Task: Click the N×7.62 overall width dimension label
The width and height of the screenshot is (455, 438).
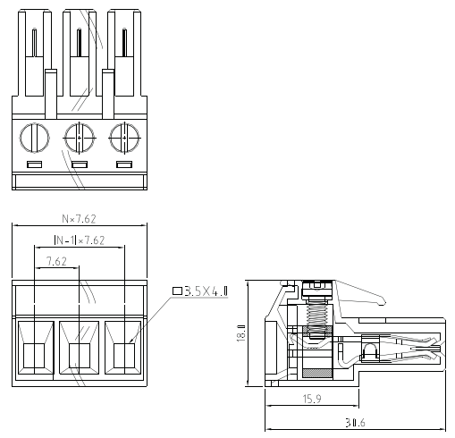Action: (x=79, y=219)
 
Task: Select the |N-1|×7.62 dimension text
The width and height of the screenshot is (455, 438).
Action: (x=80, y=240)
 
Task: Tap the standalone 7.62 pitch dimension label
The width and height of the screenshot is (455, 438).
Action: (x=56, y=261)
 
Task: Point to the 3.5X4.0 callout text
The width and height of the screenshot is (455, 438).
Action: (x=206, y=291)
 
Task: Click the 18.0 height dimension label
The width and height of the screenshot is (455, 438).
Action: (x=240, y=333)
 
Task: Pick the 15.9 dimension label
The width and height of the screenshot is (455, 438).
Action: (x=312, y=399)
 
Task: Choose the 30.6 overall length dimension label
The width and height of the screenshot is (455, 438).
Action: (x=355, y=423)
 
